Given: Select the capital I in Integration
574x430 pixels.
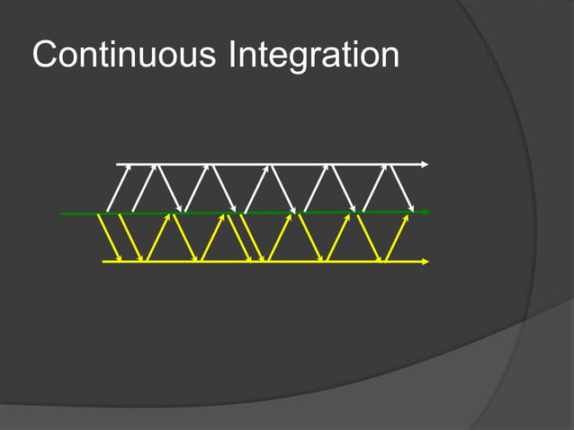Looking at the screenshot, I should (x=233, y=56).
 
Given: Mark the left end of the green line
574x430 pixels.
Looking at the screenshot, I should (x=61, y=214).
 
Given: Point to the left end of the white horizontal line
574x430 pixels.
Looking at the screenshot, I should (x=118, y=165).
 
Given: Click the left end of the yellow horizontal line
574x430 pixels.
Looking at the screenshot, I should (x=103, y=262).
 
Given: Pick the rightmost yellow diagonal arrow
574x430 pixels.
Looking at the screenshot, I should (x=397, y=237).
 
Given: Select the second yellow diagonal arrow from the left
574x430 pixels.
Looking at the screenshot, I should (x=130, y=237).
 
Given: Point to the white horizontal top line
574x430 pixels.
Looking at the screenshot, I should (x=270, y=165).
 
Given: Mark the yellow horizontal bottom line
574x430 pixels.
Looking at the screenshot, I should (x=270, y=262).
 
